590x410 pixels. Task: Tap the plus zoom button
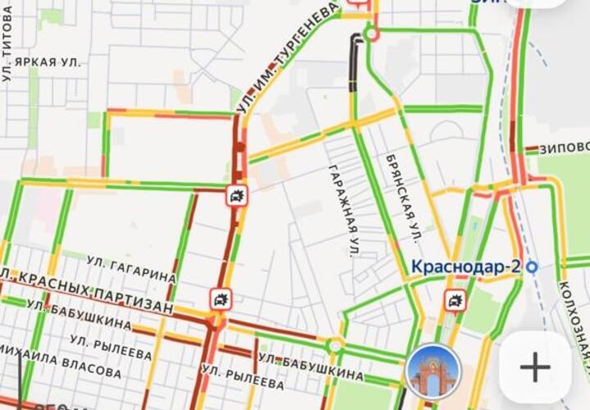pos(535,367)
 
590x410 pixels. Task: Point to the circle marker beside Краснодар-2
pos(532,266)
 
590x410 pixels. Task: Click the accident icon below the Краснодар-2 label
pos(455,301)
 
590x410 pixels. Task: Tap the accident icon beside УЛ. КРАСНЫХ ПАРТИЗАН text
pos(220,299)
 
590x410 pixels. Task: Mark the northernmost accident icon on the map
pos(237,196)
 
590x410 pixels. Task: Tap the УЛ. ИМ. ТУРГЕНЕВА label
pos(287,57)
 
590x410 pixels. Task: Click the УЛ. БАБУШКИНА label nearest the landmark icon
pos(311,366)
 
